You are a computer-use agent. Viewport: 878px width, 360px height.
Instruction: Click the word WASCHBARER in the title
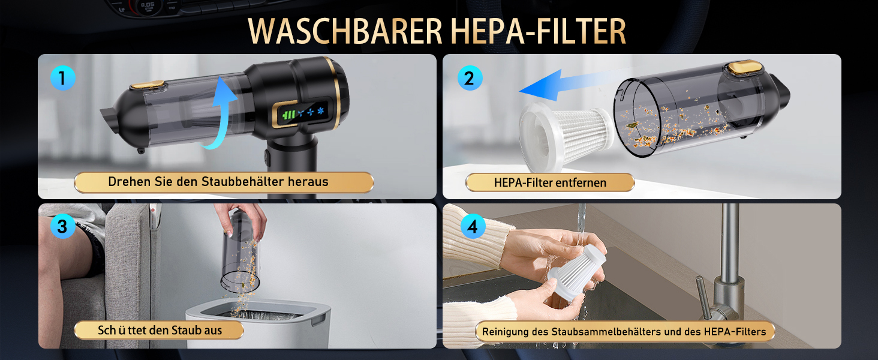[345, 31]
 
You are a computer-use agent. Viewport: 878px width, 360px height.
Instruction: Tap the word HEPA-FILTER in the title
[538, 31]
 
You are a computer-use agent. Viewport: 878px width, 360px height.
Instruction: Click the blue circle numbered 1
[63, 78]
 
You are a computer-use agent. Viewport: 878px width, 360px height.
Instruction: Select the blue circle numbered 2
[470, 78]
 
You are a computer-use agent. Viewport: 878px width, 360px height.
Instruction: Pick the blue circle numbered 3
[63, 226]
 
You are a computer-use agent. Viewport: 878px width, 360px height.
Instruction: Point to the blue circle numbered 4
[473, 226]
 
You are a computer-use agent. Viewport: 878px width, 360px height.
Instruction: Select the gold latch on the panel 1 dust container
[148, 85]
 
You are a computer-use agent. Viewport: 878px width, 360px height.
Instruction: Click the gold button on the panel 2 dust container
[744, 67]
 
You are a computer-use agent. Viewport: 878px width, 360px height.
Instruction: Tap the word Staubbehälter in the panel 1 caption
[242, 182]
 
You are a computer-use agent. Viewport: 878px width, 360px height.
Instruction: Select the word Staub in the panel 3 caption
[185, 330]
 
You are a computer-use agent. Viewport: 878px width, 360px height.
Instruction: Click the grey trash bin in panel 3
[258, 323]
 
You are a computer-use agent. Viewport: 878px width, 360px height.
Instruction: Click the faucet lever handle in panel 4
[703, 296]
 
